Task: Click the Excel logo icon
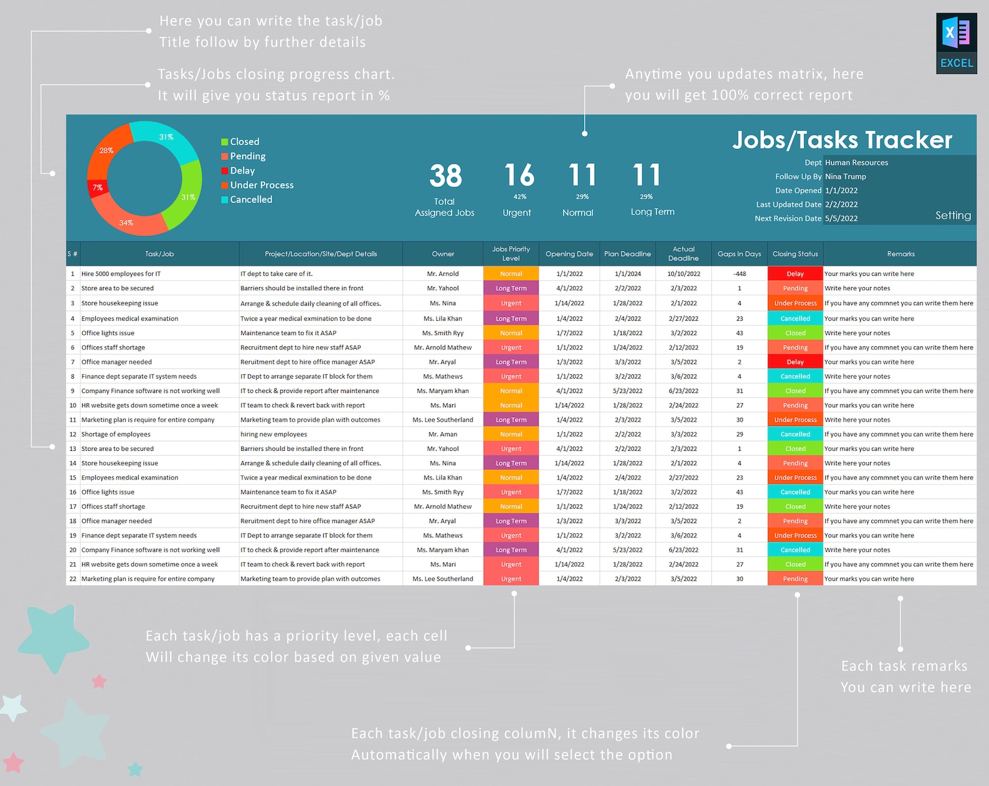click(956, 43)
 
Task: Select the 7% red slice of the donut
click(98, 188)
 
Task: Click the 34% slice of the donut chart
click(128, 221)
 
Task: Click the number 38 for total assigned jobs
click(445, 176)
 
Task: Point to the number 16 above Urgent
click(519, 175)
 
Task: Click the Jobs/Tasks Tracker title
click(841, 140)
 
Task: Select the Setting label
click(952, 215)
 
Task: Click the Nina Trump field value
click(845, 177)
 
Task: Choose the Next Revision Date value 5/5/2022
click(841, 219)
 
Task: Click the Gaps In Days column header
click(739, 254)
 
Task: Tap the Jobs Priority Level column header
click(511, 253)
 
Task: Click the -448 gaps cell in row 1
click(739, 274)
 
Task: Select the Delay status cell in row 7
click(795, 362)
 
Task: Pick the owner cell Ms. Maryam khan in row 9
click(442, 391)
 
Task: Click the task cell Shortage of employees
click(116, 435)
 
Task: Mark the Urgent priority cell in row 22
click(511, 579)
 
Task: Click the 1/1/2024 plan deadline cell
click(627, 274)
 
